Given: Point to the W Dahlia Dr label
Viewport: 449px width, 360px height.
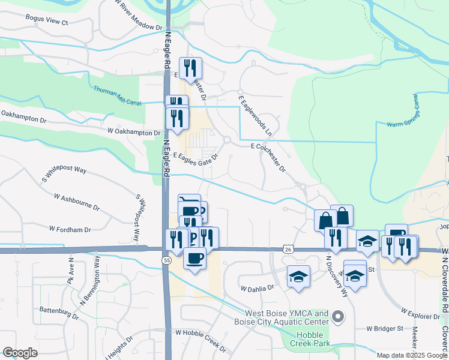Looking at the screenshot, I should [258, 287].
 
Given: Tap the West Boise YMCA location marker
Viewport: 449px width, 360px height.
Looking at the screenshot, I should [338, 316].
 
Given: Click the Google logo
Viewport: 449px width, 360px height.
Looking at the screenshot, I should [20, 352].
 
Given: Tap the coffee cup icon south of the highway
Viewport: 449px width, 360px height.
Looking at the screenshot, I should [194, 259].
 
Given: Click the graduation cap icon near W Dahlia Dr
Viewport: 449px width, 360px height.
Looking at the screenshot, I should [298, 277].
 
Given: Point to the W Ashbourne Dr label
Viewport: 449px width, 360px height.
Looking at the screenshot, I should [77, 201].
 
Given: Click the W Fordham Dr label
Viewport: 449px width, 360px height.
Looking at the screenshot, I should [70, 229].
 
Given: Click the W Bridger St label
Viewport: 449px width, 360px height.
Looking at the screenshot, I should [385, 329].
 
